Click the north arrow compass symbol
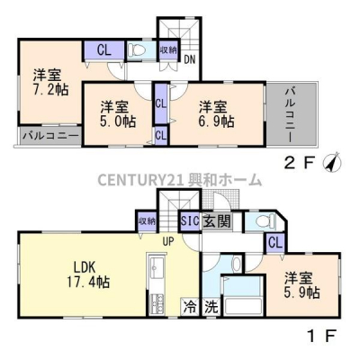pos(333,162)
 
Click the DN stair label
pos(189,59)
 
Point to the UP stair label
pos(168,241)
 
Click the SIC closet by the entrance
pos(190,221)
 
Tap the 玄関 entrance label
pos(217,221)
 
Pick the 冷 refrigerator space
pos(190,307)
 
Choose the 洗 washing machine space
pos(211,307)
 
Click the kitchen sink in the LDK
pos(156,268)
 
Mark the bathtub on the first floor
pos(244,306)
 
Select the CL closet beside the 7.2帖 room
pos(104,50)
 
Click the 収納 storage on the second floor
pos(168,50)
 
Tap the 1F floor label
pos(322,336)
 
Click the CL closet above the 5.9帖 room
pos(275,243)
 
